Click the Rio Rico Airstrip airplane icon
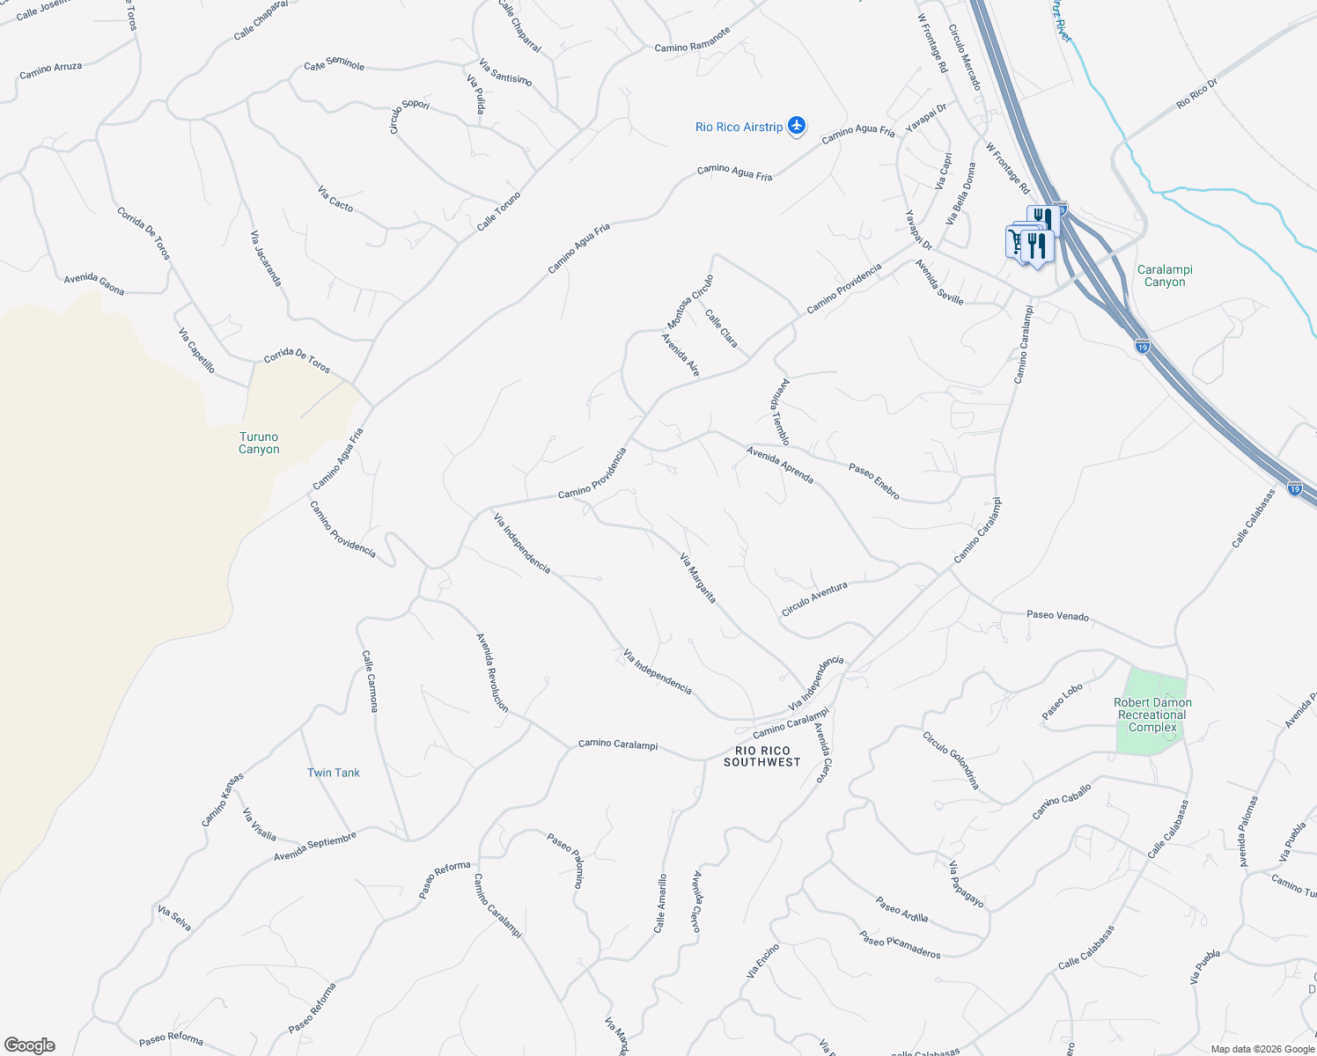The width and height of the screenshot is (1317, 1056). point(797,126)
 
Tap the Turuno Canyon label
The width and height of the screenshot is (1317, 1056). point(259,443)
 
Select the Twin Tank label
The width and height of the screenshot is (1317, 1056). point(333,773)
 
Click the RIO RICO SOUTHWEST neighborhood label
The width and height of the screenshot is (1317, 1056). point(762,756)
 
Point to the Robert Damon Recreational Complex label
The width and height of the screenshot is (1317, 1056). point(1152,715)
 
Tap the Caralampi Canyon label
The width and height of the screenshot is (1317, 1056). point(1165,275)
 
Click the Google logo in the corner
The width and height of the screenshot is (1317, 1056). point(29,1045)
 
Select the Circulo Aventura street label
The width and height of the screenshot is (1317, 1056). point(814,598)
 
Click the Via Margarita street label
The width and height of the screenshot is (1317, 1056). point(698,578)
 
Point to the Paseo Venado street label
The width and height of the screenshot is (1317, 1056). point(1057,615)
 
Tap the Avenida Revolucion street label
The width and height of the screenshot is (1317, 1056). point(492,672)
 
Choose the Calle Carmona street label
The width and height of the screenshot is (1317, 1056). point(370,680)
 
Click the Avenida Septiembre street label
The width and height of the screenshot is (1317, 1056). point(315,846)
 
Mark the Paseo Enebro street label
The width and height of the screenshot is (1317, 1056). point(874,481)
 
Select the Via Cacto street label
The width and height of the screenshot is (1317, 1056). point(335,199)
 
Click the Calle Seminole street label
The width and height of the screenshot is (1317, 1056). point(335,65)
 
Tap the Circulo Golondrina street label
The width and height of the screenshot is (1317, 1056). point(951,760)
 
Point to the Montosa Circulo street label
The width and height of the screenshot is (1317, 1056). point(690,302)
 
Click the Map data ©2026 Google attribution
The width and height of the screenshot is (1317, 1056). point(1262,1048)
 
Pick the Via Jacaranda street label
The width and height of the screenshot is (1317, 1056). point(266,258)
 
